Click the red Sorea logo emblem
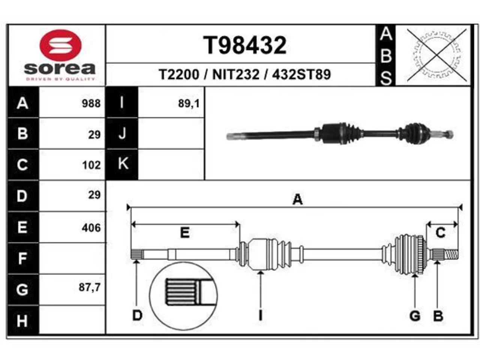[x=60, y=45]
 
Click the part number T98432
[x=245, y=45]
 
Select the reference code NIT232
[x=236, y=74]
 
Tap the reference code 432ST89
[x=301, y=74]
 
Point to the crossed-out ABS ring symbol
[x=436, y=55]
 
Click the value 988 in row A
[x=91, y=103]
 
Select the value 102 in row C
[x=91, y=165]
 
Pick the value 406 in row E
[x=91, y=228]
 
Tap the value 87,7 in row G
[x=90, y=287]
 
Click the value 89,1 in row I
[x=189, y=103]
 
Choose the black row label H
[x=23, y=320]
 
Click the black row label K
[x=122, y=164]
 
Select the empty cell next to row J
[x=171, y=133]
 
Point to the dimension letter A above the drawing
[x=297, y=199]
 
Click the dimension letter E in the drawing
[x=184, y=232]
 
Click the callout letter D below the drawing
[x=137, y=315]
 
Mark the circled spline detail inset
[x=183, y=296]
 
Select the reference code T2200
[x=178, y=74]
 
